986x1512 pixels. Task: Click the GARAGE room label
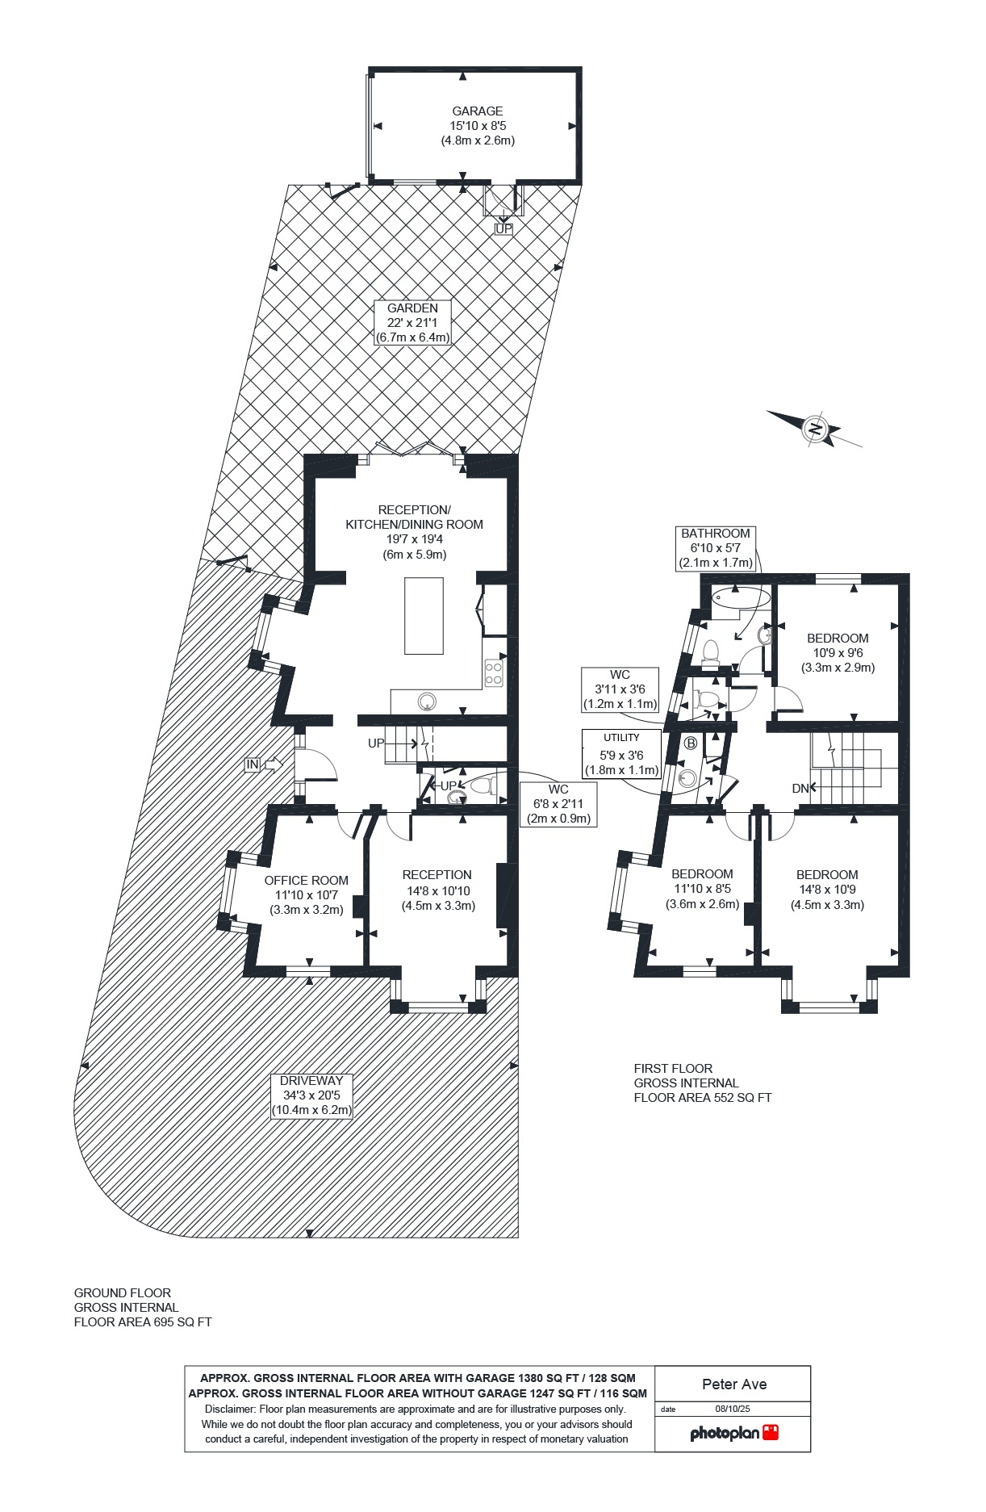click(478, 111)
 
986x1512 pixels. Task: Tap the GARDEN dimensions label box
click(412, 323)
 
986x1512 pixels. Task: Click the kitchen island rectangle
click(424, 615)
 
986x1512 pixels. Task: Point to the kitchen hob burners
click(494, 673)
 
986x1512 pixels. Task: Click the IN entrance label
click(253, 764)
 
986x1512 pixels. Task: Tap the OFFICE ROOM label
click(307, 881)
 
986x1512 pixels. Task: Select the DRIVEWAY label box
click(311, 1095)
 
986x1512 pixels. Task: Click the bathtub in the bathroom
click(741, 597)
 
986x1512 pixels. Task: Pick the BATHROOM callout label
click(716, 548)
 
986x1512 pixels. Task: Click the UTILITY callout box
click(621, 754)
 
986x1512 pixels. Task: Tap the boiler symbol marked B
click(691, 743)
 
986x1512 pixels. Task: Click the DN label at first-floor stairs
click(800, 789)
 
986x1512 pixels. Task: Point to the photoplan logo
click(734, 1433)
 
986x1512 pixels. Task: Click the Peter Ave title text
click(734, 1384)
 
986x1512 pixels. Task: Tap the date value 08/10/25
click(733, 1409)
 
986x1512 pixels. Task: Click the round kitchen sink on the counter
click(426, 702)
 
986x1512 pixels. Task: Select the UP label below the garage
click(503, 229)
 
